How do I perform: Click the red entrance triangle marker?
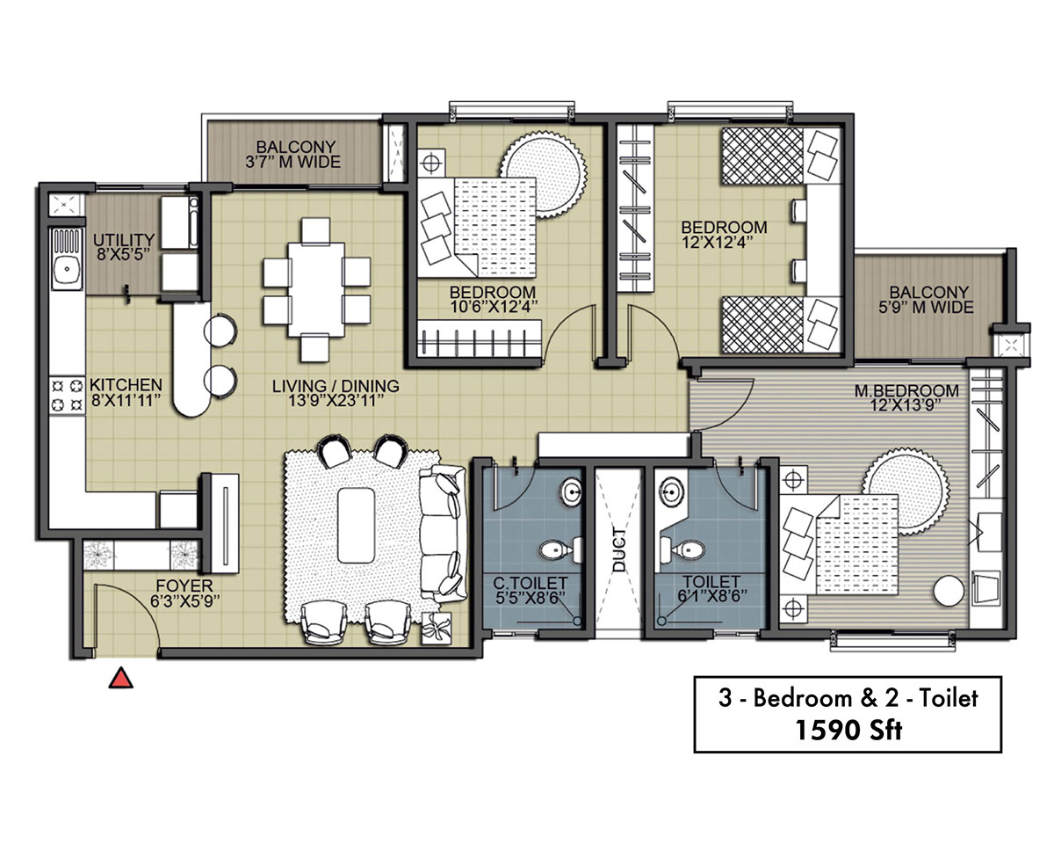tap(121, 678)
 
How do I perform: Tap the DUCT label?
tap(619, 549)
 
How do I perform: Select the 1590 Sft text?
tap(848, 731)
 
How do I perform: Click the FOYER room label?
tap(184, 586)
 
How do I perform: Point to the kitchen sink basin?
tap(67, 270)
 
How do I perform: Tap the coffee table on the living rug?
tap(356, 525)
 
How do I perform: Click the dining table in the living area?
tap(316, 289)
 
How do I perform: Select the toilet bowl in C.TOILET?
tap(559, 549)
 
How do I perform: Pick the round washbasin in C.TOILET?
tap(572, 491)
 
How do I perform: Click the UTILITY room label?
tap(124, 240)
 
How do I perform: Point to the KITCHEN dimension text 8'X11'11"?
tap(126, 401)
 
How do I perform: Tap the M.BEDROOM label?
tap(906, 390)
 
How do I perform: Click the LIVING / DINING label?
tap(336, 386)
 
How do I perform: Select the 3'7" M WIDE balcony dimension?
tap(292, 162)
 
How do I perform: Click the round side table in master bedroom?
tap(949, 592)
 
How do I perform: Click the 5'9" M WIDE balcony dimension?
tap(926, 308)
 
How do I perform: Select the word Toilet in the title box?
tap(949, 698)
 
